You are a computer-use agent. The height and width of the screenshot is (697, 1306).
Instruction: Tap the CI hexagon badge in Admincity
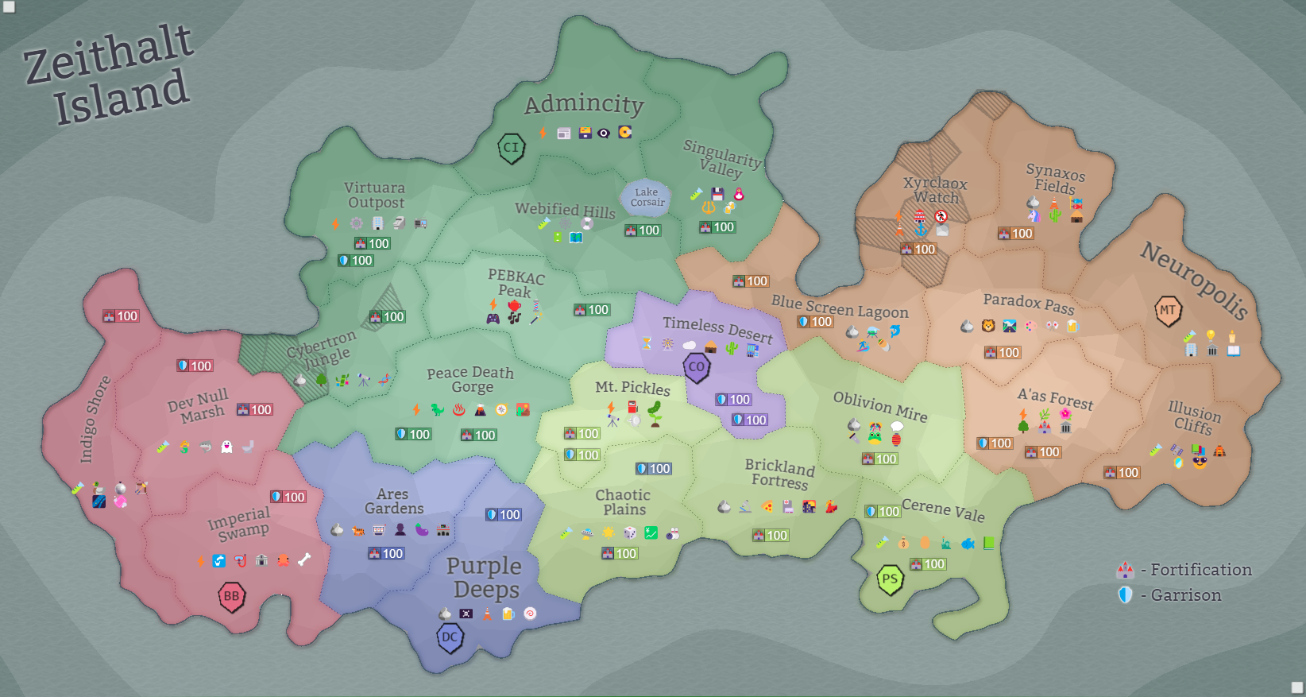click(x=511, y=148)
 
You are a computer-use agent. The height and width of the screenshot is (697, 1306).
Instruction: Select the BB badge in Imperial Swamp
click(x=231, y=596)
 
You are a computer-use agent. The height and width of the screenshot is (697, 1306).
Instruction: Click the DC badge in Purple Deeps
click(x=450, y=637)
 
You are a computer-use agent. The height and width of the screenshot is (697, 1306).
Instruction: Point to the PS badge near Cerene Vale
click(x=890, y=579)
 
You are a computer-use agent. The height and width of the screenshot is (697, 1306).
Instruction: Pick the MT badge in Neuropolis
click(x=1167, y=311)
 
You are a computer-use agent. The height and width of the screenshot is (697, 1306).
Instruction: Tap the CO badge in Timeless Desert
click(x=697, y=367)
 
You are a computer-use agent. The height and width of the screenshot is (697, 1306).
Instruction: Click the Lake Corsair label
click(x=647, y=197)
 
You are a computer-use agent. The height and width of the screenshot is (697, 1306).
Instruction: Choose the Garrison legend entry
click(x=1172, y=595)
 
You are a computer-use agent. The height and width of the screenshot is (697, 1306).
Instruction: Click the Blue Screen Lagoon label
click(x=839, y=307)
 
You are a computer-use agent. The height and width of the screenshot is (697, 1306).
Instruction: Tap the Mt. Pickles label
click(x=632, y=388)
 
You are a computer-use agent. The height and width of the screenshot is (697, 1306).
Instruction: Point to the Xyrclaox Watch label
click(x=935, y=190)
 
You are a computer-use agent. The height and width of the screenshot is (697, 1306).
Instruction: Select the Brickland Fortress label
click(x=780, y=474)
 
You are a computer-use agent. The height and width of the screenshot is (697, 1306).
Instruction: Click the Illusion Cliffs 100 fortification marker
click(x=1122, y=473)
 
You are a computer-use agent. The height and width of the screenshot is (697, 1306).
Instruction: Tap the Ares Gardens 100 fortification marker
click(x=386, y=554)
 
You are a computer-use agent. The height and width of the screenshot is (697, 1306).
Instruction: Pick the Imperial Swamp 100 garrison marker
click(x=288, y=498)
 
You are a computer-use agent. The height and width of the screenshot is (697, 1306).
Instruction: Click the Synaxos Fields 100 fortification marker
click(x=1015, y=234)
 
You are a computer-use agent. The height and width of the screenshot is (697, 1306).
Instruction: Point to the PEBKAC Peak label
click(x=516, y=283)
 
